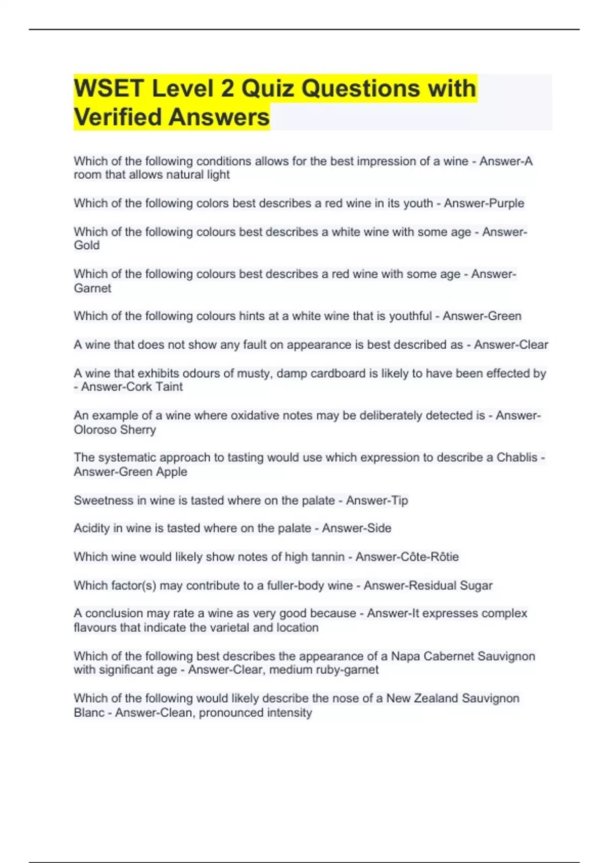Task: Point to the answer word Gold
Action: pos(87,245)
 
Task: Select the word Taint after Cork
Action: pos(169,387)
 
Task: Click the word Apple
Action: pos(172,472)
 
